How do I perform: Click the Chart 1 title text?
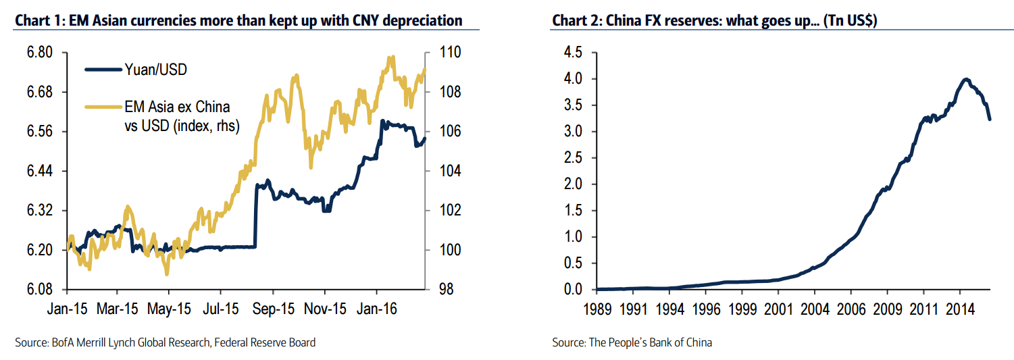coord(238,20)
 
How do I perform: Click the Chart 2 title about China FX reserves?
coord(714,20)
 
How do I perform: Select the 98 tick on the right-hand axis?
coord(438,290)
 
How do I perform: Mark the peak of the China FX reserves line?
coord(966,79)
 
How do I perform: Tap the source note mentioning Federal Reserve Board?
coord(165,342)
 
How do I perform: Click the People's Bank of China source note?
coord(632,342)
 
